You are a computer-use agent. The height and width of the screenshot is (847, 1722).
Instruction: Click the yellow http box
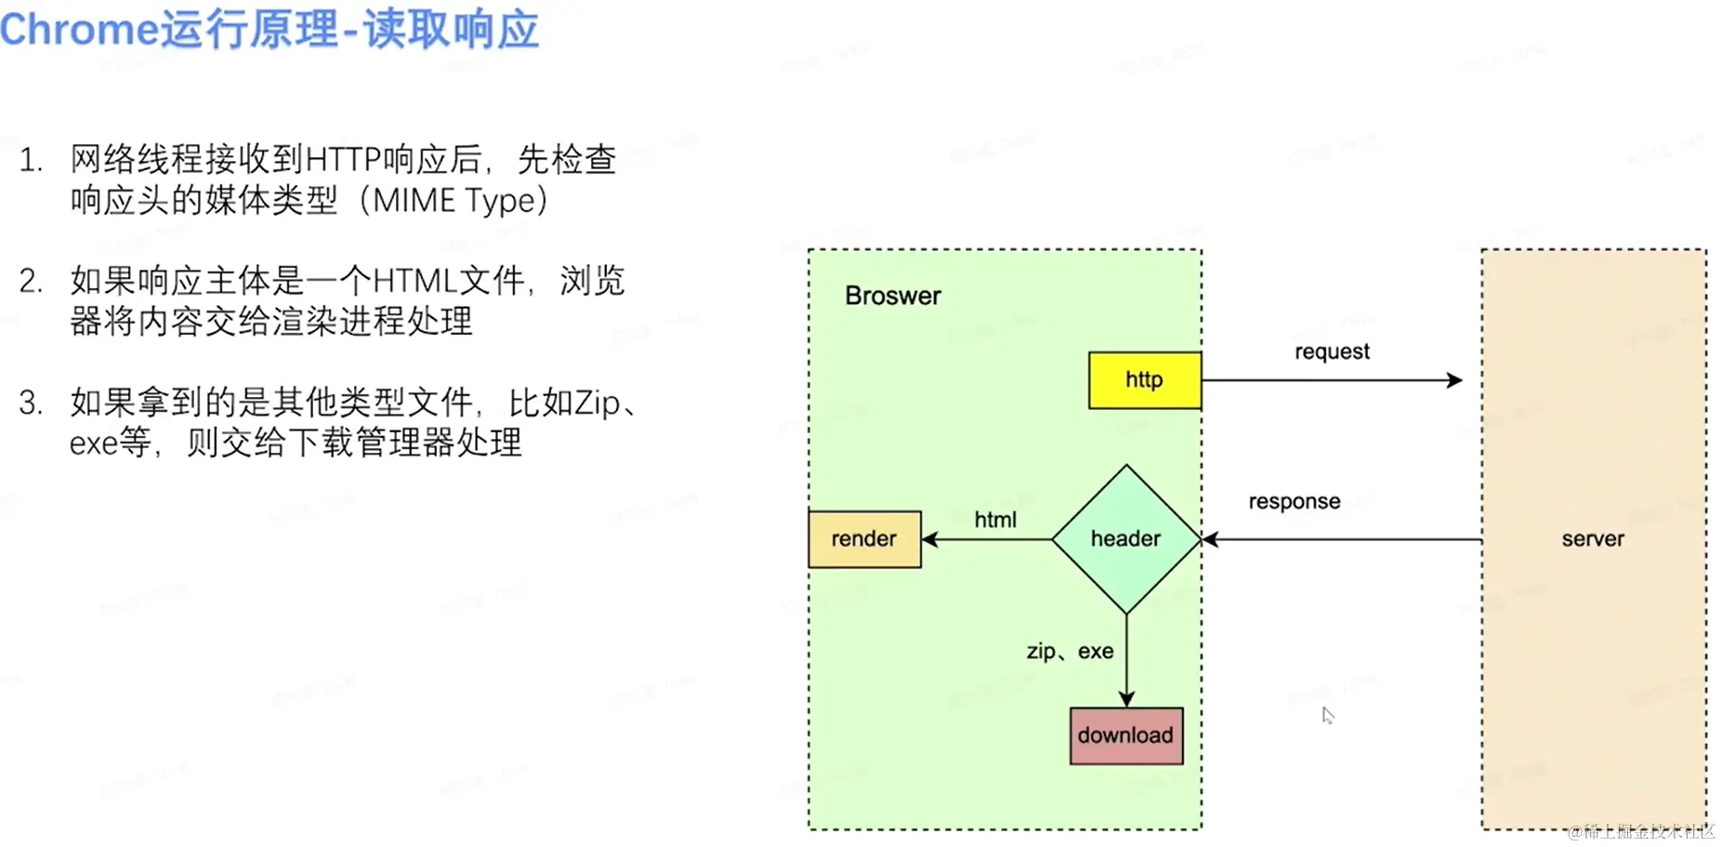click(x=1144, y=380)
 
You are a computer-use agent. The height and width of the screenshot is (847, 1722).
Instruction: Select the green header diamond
click(x=1125, y=539)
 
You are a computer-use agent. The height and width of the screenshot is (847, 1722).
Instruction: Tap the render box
click(x=864, y=539)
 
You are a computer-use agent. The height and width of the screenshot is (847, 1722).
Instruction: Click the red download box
click(x=1125, y=735)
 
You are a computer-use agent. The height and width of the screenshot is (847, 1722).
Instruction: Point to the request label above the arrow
click(x=1332, y=351)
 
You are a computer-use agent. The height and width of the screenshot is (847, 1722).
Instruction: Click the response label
click(x=1294, y=502)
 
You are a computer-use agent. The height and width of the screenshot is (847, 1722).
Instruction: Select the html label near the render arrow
click(x=994, y=520)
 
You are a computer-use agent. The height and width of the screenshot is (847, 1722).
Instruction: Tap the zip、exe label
click(x=1070, y=652)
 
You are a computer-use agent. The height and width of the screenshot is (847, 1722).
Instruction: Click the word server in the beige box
click(x=1592, y=539)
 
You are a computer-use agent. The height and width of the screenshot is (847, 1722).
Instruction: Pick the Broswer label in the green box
click(x=892, y=296)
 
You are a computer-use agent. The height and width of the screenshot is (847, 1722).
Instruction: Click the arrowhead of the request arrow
click(x=1455, y=380)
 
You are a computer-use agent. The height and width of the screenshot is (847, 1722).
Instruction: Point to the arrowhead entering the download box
click(x=1126, y=699)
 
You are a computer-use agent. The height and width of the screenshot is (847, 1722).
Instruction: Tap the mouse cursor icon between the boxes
click(x=1328, y=715)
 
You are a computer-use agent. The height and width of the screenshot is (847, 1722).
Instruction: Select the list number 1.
click(x=31, y=160)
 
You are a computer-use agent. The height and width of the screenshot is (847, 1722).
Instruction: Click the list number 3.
click(x=31, y=403)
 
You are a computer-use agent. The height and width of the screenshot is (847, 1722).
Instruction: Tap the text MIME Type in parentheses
click(x=454, y=201)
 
